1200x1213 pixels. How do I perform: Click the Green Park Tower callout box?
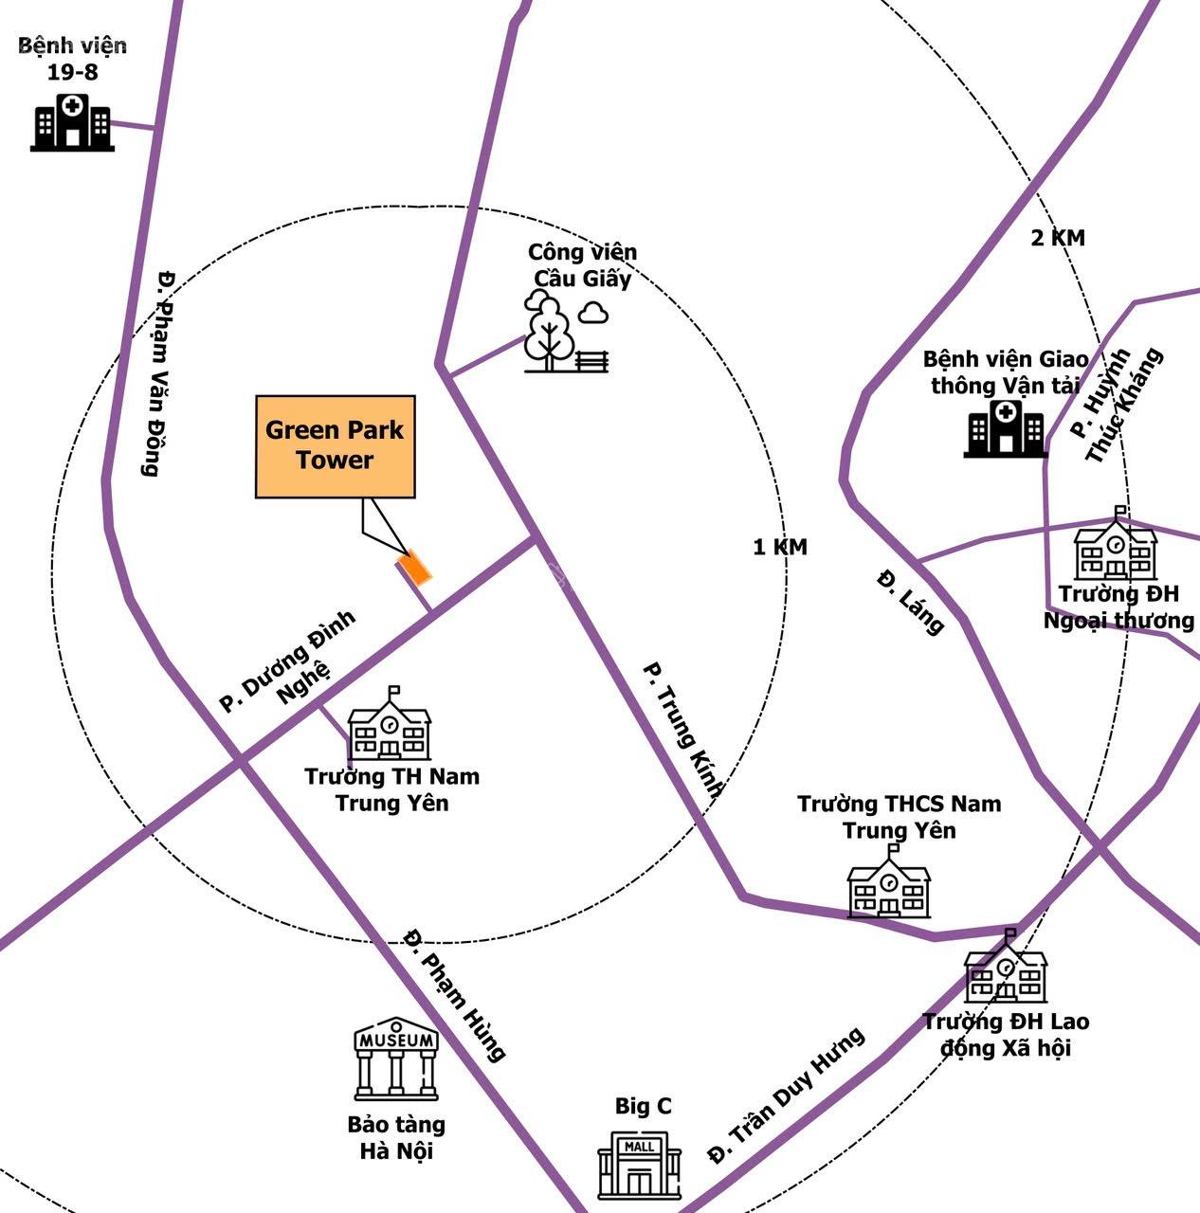point(336,446)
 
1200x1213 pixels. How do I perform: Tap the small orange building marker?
point(415,567)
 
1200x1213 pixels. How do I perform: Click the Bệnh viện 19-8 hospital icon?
point(72,122)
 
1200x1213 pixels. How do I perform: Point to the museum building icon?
point(396,1059)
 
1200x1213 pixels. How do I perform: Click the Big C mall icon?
point(639,1167)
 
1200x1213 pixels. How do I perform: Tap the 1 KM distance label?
point(779,547)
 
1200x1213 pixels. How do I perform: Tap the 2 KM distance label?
point(1057,238)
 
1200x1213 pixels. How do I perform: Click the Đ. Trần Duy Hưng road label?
point(786,1096)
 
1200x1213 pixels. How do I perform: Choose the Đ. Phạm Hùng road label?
point(454,994)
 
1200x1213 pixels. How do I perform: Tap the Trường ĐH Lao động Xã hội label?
point(1006,1035)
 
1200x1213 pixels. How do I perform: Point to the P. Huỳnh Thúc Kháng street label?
point(1116,405)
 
